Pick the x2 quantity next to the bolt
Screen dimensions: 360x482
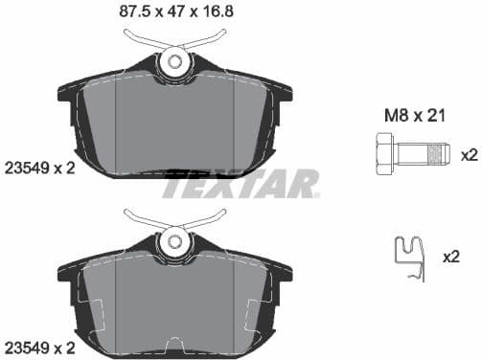pyautogui.click(x=469, y=154)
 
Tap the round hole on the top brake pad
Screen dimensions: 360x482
pyautogui.click(x=174, y=62)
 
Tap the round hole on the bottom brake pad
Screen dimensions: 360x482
pyautogui.click(x=174, y=238)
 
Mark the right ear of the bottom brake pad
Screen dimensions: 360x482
pyautogui.click(x=281, y=270)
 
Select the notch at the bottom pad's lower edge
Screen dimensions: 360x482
pyautogui.click(x=174, y=344)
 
